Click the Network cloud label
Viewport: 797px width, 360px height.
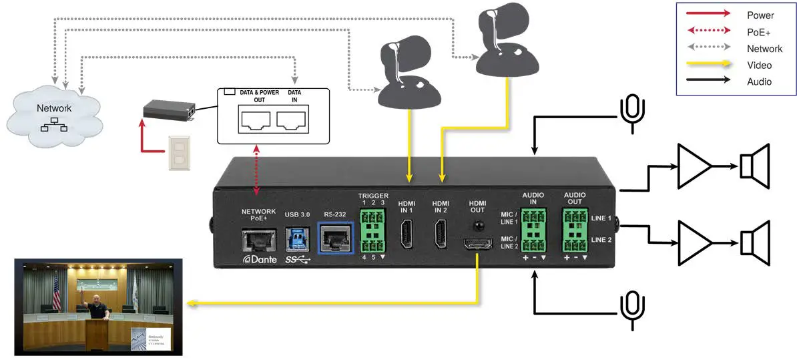pos(54,108)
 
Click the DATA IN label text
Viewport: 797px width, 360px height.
pos(294,96)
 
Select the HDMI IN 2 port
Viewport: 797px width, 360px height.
pos(441,234)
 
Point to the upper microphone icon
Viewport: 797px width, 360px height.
pos(631,111)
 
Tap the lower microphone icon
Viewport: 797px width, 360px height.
pos(631,308)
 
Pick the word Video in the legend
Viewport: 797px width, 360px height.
pos(759,65)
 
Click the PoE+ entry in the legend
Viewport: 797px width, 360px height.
pos(758,31)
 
